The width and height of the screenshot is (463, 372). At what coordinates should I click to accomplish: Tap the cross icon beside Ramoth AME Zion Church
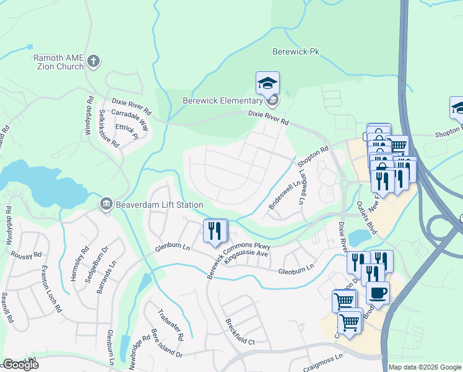coord(94,61)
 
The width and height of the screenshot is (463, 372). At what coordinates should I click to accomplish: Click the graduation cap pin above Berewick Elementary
coord(267,83)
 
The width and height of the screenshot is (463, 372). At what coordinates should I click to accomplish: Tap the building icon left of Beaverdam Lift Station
coord(106,204)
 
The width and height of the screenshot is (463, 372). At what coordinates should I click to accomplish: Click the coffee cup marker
coord(377,292)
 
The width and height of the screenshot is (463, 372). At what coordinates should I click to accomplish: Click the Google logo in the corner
coord(20,364)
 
